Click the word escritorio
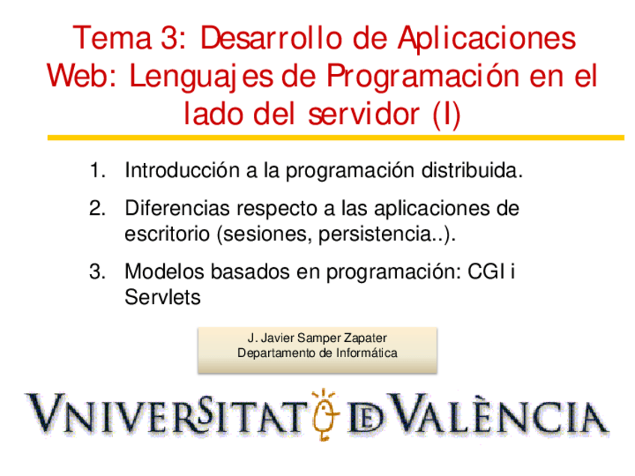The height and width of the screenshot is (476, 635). pos(166,234)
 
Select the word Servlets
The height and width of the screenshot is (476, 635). pos(162,297)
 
